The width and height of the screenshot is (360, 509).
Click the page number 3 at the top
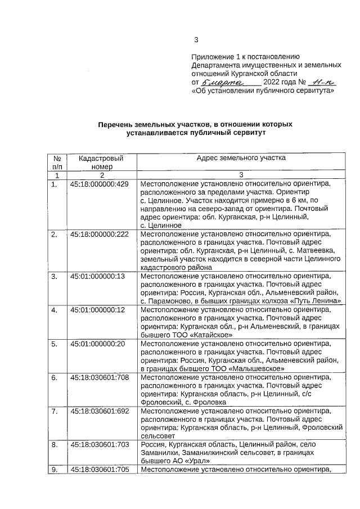[x=196, y=39]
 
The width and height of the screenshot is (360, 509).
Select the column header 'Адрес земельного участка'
[x=241, y=158]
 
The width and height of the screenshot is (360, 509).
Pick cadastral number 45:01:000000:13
[x=97, y=276]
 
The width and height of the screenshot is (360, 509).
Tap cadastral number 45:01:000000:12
[x=97, y=310]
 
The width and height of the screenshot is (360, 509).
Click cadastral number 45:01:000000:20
[x=97, y=343]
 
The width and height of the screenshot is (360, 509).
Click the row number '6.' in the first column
[x=55, y=377]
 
